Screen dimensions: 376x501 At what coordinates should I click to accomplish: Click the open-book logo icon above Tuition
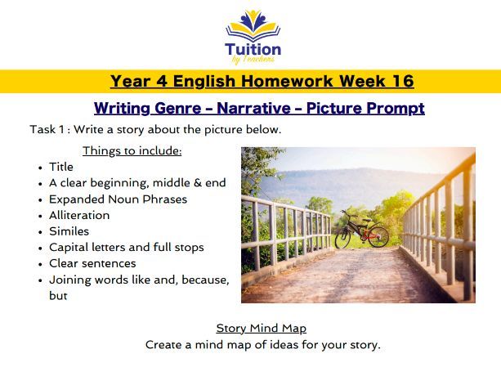tap(253, 25)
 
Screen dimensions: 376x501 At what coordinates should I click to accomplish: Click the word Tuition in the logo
tap(253, 47)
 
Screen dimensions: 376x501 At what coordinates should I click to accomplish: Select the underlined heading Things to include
tap(132, 150)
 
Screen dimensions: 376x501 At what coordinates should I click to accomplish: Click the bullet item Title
tap(61, 167)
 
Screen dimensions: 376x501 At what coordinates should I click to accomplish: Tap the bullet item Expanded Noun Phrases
tap(118, 199)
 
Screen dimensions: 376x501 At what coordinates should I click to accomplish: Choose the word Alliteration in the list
tap(79, 215)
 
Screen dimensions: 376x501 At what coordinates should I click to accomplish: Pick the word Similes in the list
tap(68, 231)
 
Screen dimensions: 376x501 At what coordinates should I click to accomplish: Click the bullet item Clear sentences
tap(92, 263)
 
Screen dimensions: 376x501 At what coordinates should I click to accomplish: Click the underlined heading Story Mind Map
tap(261, 328)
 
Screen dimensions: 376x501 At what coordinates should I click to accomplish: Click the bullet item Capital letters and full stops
tap(126, 247)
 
